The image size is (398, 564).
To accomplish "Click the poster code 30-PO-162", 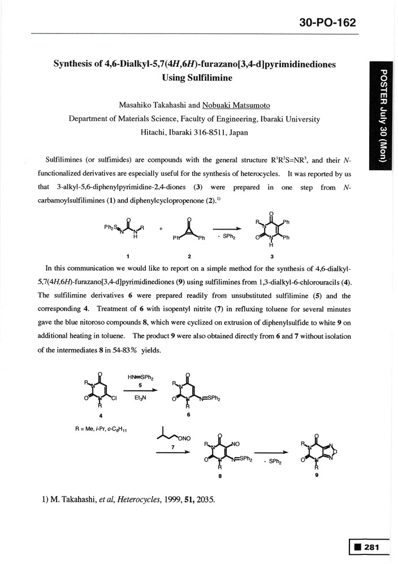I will click(x=327, y=23).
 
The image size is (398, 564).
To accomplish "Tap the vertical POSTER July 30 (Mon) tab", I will click(x=383, y=115).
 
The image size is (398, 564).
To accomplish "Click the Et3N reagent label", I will click(x=141, y=398).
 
